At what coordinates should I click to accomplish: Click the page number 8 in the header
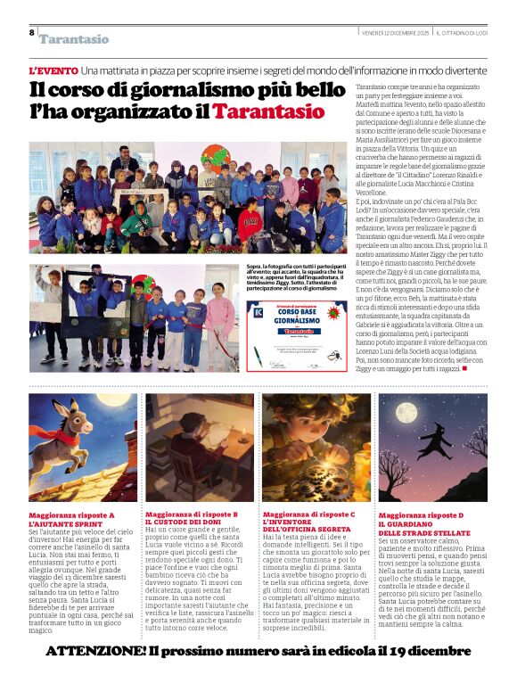click(31, 32)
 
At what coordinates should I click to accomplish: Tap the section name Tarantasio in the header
click(73, 39)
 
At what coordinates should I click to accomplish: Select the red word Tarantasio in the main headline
click(268, 112)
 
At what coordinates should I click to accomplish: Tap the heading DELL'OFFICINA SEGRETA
click(307, 530)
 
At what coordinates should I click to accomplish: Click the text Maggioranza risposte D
click(421, 515)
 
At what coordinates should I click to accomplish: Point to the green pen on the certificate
click(265, 357)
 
